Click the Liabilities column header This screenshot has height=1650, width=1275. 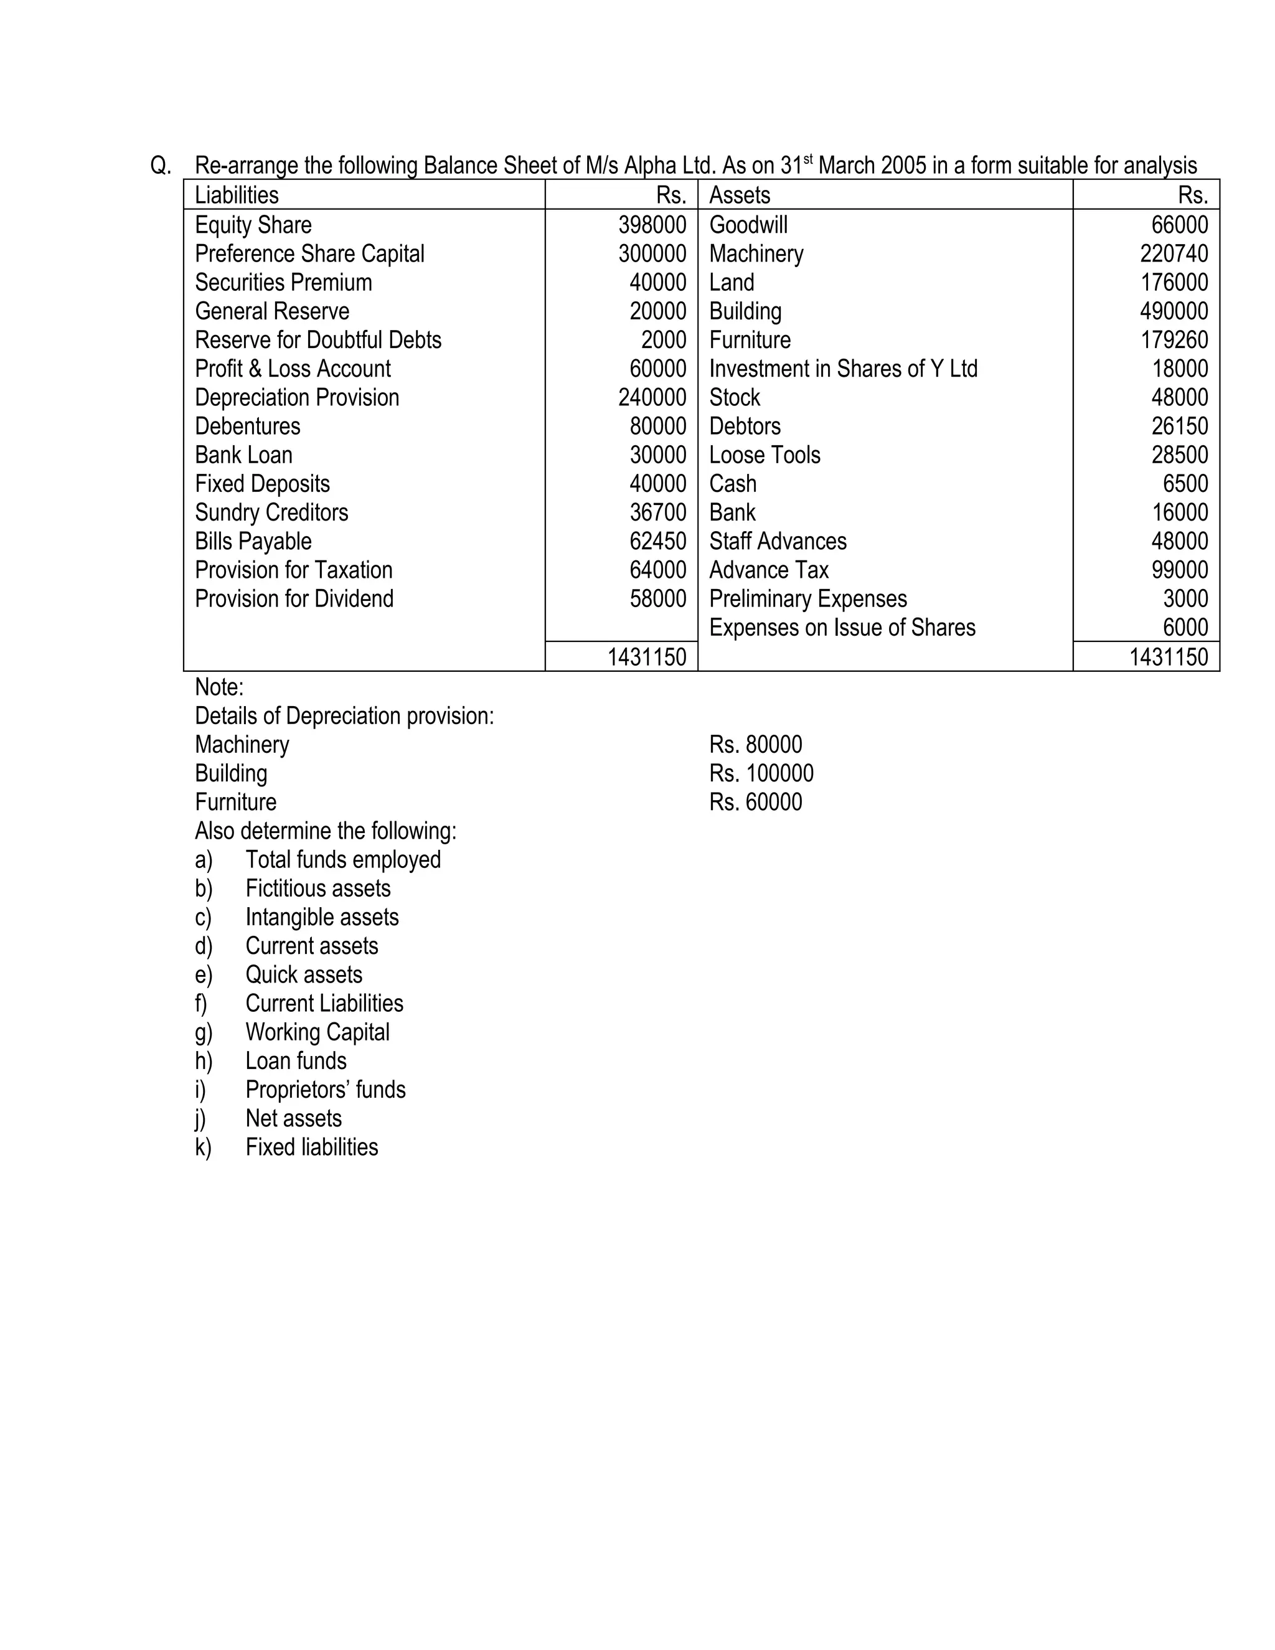(237, 195)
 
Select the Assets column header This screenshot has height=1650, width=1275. (740, 195)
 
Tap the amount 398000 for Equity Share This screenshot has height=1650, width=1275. (652, 224)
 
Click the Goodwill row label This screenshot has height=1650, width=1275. (748, 224)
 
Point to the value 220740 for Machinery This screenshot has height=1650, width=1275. (1173, 253)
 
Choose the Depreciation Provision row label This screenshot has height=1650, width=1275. (297, 397)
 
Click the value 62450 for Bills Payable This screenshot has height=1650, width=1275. (657, 541)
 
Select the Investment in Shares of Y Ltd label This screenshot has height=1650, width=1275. (843, 369)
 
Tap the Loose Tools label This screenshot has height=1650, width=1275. (765, 455)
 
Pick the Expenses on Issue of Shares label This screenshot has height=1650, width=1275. (842, 628)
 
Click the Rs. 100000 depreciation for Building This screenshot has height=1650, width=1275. (761, 773)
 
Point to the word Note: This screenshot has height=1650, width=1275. (219, 687)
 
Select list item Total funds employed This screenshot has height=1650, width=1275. (343, 860)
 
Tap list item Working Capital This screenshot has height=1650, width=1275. (318, 1032)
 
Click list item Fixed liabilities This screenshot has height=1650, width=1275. (311, 1147)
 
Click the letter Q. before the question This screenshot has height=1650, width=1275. (161, 166)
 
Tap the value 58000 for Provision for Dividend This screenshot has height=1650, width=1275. (657, 598)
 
